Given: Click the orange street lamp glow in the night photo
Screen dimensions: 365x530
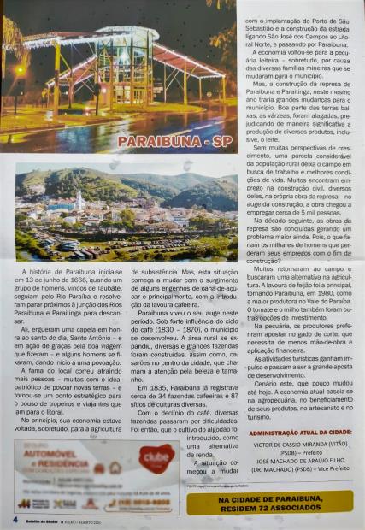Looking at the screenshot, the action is tap(19, 73).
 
